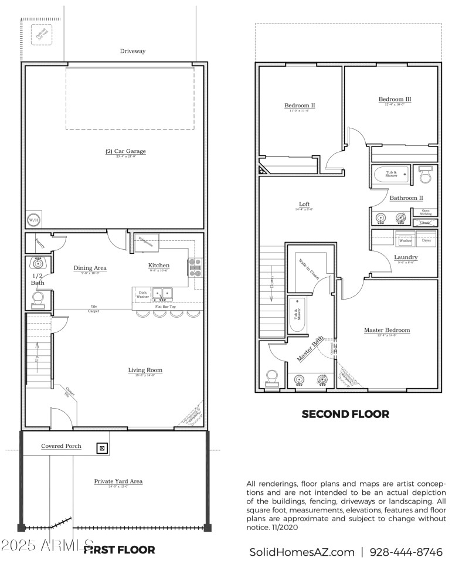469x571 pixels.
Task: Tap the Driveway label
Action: (x=132, y=52)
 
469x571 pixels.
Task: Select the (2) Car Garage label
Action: (x=125, y=151)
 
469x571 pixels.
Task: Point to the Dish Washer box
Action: (x=142, y=295)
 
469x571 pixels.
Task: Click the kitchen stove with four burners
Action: (x=195, y=267)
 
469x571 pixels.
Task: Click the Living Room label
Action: (x=145, y=370)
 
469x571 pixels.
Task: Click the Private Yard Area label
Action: (x=118, y=481)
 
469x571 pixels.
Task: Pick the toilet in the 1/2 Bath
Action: (x=39, y=300)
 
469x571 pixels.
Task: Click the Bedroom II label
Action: (x=300, y=106)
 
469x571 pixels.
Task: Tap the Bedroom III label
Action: (x=395, y=99)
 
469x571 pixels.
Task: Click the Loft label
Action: (x=304, y=204)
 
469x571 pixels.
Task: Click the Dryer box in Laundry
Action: (x=426, y=240)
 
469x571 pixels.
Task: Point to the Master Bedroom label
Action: (x=387, y=330)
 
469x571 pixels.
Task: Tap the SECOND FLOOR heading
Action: (x=345, y=414)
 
